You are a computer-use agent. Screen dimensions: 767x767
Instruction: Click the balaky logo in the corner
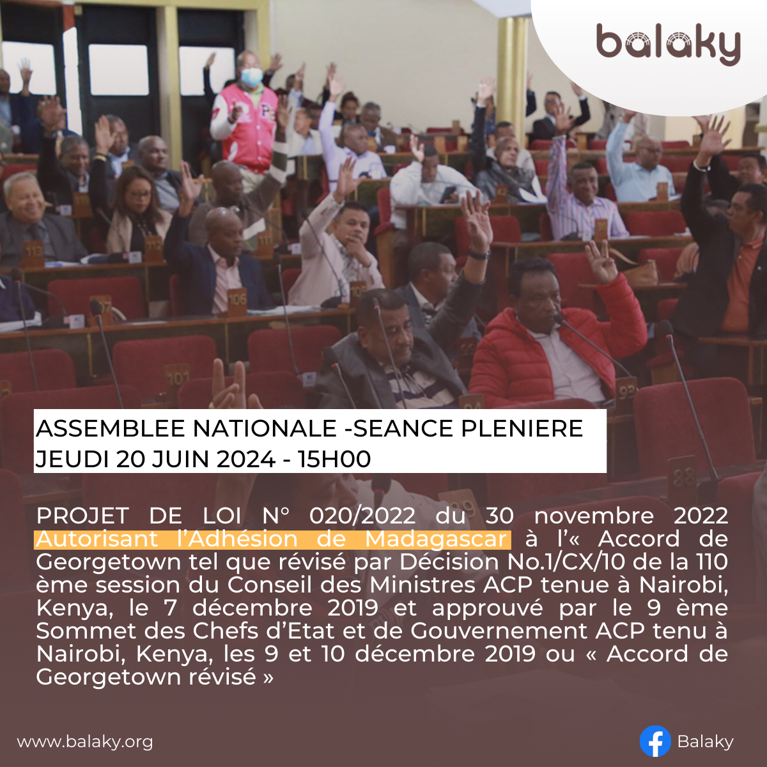pyautogui.click(x=669, y=44)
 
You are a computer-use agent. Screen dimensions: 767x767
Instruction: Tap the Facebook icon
pyautogui.click(x=655, y=741)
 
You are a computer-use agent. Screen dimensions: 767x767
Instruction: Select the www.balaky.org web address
pyautogui.click(x=85, y=742)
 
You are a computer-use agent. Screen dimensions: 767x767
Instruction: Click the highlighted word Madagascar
pyautogui.click(x=436, y=539)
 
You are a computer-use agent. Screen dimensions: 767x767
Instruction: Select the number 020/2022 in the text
pyautogui.click(x=362, y=516)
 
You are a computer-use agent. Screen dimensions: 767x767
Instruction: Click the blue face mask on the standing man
pyautogui.click(x=252, y=76)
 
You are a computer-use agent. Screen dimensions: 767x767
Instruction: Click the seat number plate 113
pyautogui.click(x=35, y=253)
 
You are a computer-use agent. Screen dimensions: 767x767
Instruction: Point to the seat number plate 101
pyautogui.click(x=177, y=379)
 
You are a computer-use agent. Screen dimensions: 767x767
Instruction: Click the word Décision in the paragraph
pyautogui.click(x=449, y=562)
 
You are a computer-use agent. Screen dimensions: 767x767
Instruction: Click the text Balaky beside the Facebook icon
pyautogui.click(x=705, y=742)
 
